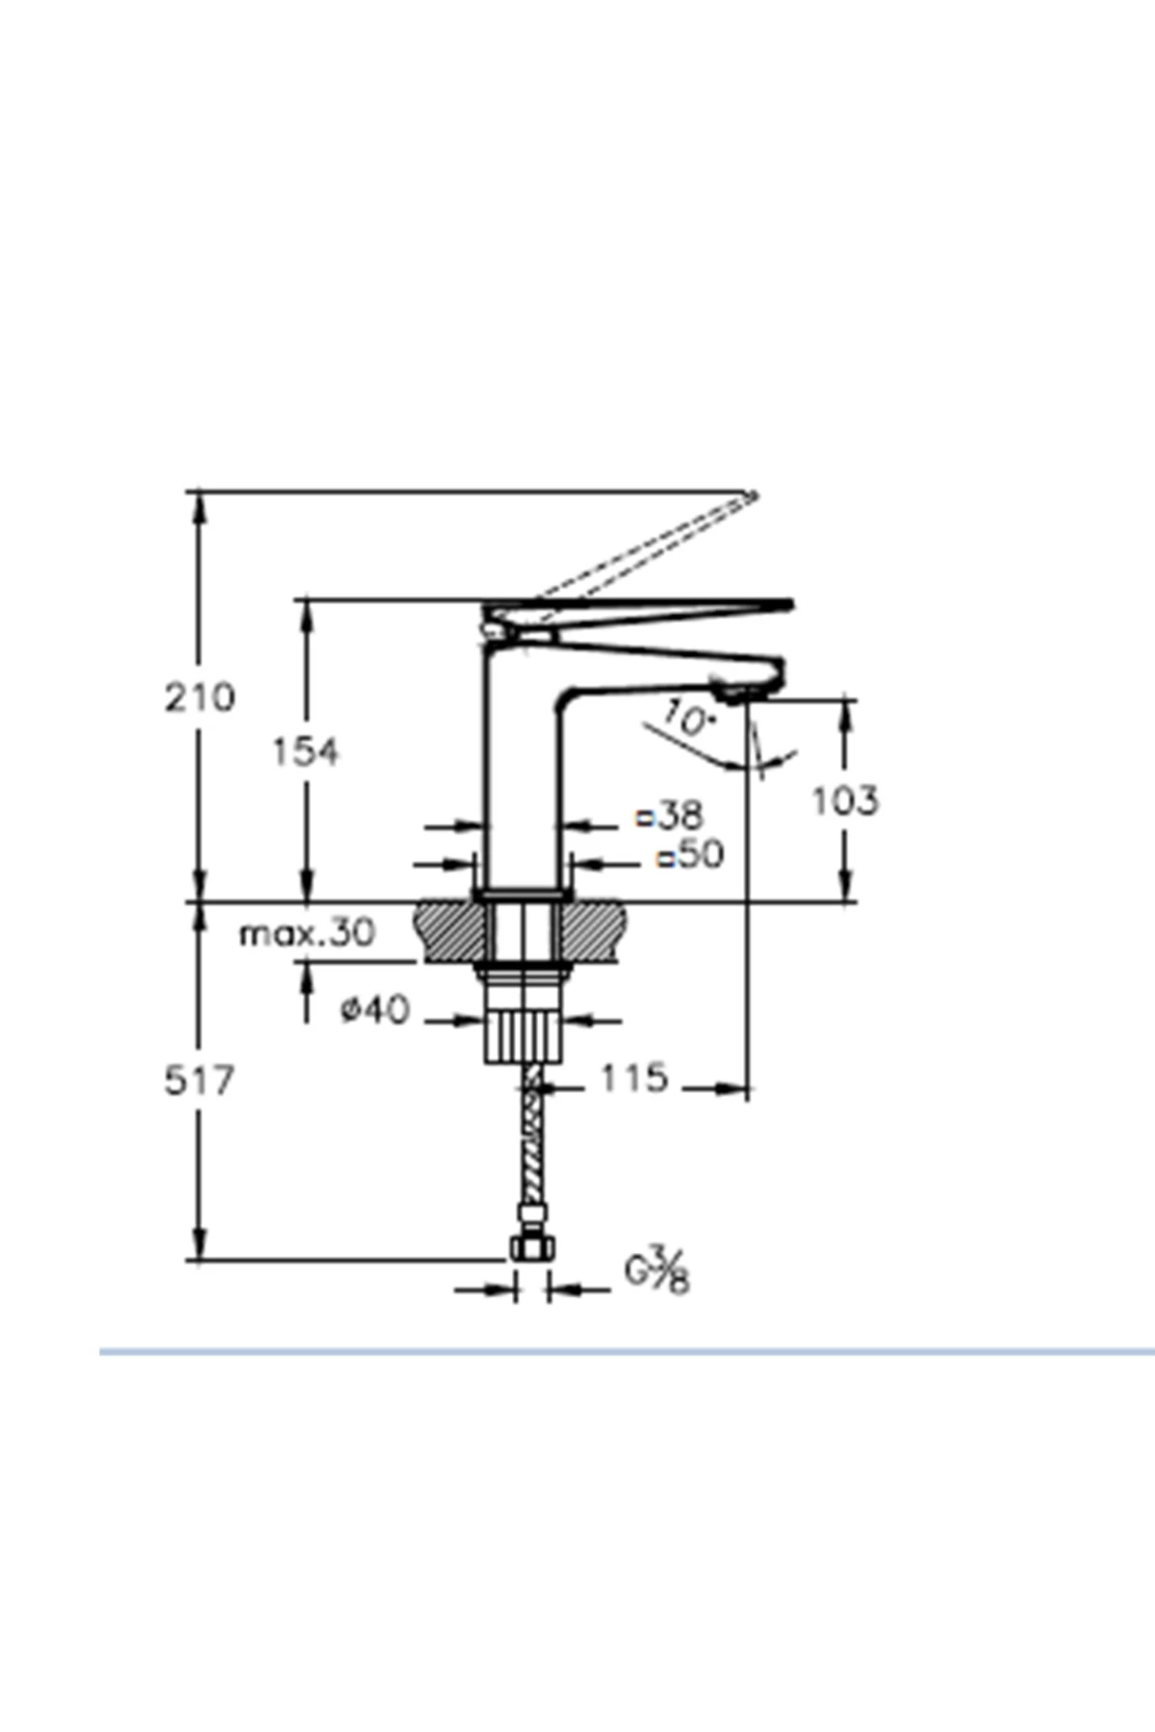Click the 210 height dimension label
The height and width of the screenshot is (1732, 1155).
point(199,697)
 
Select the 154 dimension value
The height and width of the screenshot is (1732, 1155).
point(305,751)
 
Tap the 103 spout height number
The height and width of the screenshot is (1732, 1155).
point(845,801)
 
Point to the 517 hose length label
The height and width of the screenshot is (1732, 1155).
point(199,1081)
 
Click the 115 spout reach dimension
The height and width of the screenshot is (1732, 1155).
point(633,1078)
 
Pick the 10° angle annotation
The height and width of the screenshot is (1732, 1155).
point(688,719)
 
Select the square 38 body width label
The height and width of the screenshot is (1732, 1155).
point(671,816)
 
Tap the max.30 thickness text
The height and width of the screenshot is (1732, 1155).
point(307,932)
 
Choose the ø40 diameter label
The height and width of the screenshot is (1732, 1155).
point(375,1009)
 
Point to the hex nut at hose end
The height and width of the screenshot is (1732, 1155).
point(531,1248)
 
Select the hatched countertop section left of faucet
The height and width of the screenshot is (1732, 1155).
point(449,931)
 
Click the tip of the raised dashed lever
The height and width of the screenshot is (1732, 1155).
point(753,497)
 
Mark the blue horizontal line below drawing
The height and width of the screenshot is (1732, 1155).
point(626,1352)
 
